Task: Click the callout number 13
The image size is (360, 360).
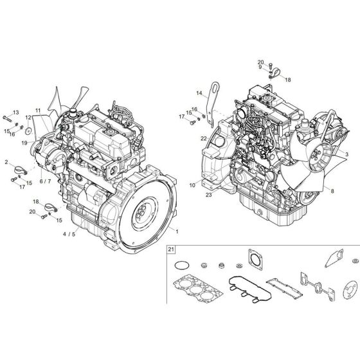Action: click(x=16, y=113)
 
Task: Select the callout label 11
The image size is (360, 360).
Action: click(x=37, y=111)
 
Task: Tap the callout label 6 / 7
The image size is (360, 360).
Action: click(x=46, y=182)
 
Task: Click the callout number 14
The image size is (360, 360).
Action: click(x=199, y=94)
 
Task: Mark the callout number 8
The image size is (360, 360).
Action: click(x=332, y=191)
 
